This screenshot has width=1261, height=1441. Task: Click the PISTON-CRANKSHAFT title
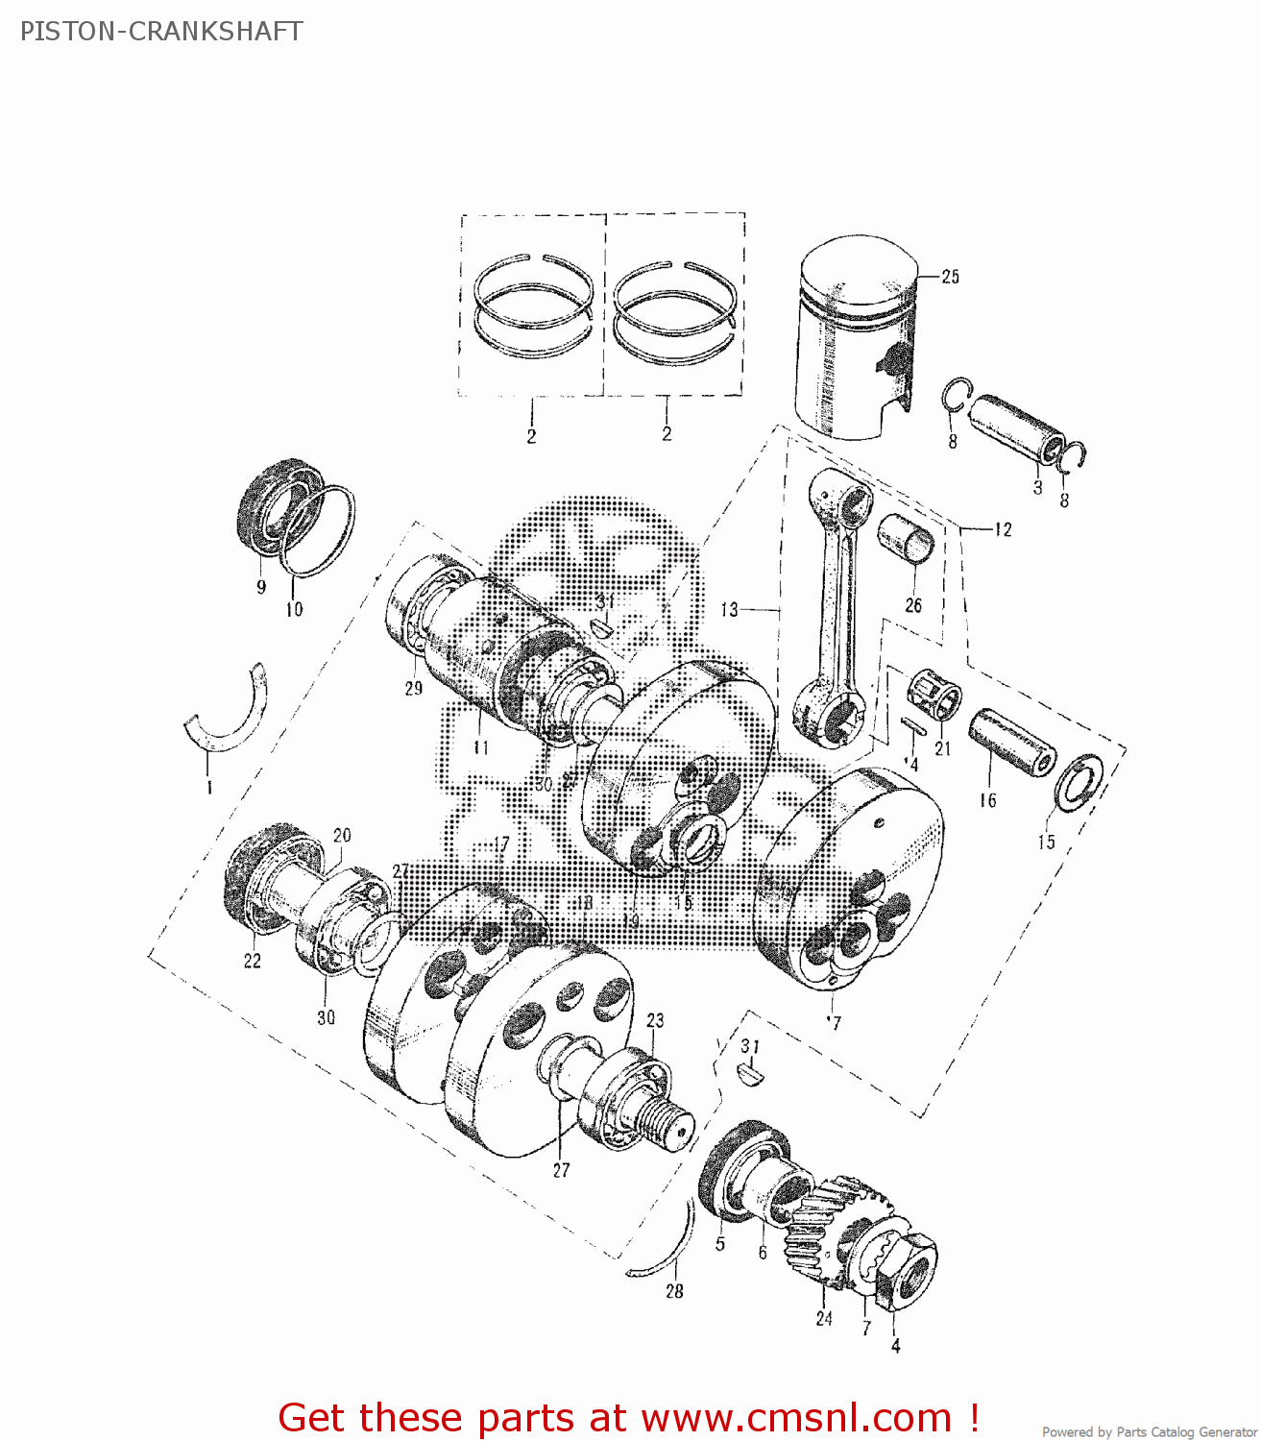pos(160,32)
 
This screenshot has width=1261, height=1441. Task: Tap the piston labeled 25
pos(853,336)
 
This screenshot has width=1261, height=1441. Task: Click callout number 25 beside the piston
pos(950,277)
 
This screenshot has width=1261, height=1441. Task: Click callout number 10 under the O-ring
pos(294,609)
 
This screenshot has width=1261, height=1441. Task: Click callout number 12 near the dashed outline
pos(1003,529)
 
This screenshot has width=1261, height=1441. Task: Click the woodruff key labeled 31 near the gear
pos(750,1073)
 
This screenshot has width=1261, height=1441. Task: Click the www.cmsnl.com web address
pos(796,1417)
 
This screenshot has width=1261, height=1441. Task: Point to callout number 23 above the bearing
pos(655,1020)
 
